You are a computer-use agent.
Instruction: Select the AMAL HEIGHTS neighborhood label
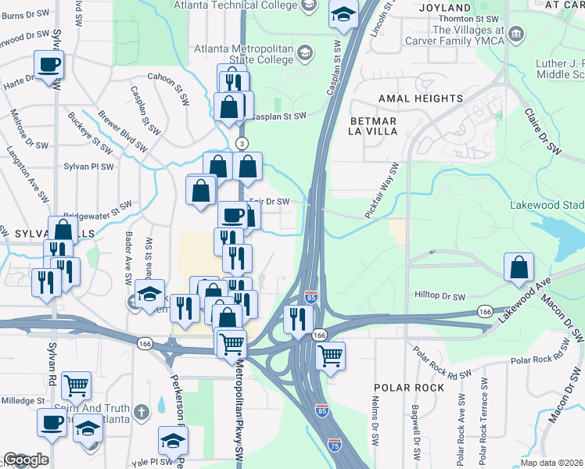coord(421,98)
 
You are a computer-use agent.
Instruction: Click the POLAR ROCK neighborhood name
coord(409,388)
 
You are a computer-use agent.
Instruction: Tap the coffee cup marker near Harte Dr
coord(49,65)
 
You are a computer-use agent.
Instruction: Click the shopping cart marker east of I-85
coord(331,356)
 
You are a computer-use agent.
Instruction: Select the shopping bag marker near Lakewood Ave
coord(519,267)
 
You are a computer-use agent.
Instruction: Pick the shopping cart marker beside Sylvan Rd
coord(76,385)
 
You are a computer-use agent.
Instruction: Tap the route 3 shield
coord(242,143)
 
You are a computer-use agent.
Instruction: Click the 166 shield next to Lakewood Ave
coord(484,311)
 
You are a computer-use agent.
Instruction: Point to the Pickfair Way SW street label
coord(382,191)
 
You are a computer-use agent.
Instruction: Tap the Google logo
coord(26,460)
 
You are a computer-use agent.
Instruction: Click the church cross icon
coord(141,411)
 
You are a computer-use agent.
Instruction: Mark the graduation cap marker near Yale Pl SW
coord(173,440)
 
